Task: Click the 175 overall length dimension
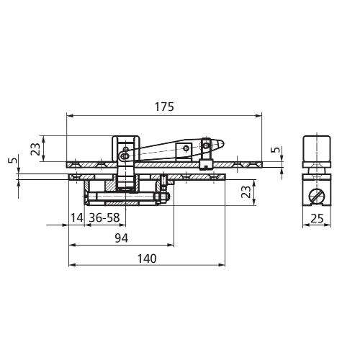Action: coord(163,106)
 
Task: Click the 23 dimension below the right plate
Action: coord(246,192)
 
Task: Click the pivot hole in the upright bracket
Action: coord(125,153)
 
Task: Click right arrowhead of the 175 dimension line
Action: coord(259,114)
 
